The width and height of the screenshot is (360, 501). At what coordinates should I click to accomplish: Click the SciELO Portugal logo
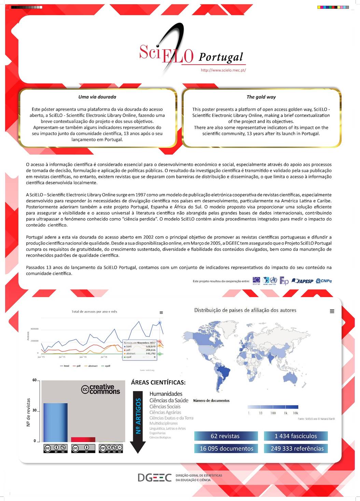191,51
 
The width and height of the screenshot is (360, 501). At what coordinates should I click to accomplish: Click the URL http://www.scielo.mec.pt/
223,70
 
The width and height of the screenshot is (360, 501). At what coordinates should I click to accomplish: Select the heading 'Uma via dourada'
97,97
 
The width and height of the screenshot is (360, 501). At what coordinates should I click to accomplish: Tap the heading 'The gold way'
261,97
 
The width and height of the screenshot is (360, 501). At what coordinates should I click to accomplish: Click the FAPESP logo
303,281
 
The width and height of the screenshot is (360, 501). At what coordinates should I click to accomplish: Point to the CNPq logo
324,281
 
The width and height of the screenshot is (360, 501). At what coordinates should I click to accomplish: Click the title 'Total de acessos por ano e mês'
94,312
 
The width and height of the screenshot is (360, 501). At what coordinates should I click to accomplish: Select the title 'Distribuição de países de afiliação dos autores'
245,310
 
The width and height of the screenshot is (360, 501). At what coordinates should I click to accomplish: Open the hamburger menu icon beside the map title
332,311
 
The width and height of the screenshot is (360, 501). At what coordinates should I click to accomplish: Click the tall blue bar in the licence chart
55,423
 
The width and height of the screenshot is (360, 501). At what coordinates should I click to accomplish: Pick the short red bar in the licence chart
83,440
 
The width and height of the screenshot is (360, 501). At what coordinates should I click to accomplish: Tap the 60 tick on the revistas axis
34,380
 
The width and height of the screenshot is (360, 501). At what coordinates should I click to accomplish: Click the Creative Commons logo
101,389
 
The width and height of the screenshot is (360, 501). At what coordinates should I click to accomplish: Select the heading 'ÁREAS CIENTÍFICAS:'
158,383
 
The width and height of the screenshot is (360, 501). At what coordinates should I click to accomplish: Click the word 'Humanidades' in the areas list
166,394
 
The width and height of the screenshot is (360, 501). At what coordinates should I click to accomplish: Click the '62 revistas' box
225,436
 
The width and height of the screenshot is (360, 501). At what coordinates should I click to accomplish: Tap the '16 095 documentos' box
226,448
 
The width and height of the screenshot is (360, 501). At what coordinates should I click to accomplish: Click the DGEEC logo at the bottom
155,477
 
